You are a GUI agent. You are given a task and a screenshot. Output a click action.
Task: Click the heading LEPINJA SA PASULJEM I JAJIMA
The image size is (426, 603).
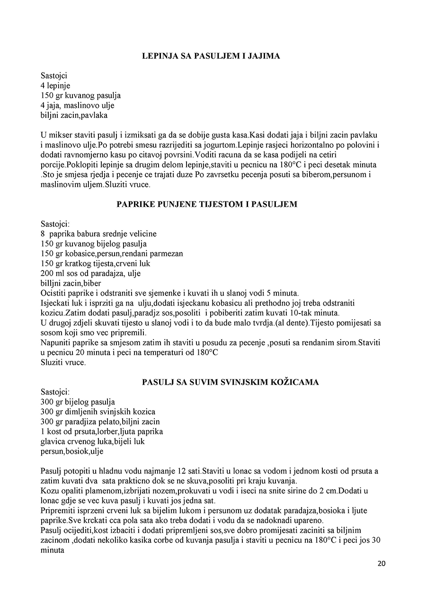point(211,56)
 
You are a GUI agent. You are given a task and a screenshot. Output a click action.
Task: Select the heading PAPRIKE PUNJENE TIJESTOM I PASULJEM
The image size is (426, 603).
point(207,205)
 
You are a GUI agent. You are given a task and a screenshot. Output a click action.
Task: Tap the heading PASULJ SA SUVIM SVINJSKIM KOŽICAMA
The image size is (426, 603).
point(230,382)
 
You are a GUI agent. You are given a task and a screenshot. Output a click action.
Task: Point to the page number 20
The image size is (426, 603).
point(382,564)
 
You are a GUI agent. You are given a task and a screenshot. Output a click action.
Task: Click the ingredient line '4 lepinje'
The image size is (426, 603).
point(55,86)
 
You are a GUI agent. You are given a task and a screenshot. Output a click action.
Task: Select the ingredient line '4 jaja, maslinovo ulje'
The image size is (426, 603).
point(78,106)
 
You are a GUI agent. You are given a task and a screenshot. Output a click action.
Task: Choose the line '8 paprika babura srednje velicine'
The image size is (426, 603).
point(98,234)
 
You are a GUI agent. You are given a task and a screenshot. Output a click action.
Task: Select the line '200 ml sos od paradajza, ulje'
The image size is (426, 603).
point(90,273)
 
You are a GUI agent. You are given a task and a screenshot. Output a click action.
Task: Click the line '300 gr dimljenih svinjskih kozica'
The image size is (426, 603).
point(98,412)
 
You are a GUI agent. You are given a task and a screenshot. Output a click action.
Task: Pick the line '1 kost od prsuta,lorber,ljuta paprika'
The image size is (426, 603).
point(102,432)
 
